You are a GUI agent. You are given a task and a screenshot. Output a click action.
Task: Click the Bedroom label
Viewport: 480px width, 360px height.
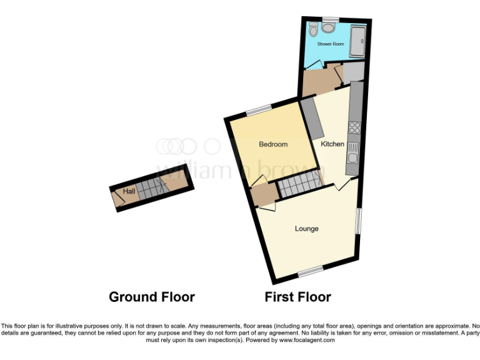pos(273,144)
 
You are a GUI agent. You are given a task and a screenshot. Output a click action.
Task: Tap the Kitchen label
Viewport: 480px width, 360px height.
pos(332,144)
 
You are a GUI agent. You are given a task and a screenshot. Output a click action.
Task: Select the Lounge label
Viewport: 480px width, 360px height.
pos(307,229)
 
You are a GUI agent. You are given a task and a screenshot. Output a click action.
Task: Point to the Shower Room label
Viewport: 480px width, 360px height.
pos(331,44)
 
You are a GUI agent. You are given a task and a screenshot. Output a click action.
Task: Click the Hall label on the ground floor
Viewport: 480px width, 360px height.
pos(129,191)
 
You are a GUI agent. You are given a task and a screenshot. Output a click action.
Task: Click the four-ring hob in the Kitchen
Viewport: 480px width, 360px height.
pos(355,128)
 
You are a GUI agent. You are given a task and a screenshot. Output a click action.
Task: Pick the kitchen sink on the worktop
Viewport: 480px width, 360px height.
pos(353,153)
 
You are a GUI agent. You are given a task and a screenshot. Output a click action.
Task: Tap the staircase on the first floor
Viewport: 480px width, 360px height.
pos(299,185)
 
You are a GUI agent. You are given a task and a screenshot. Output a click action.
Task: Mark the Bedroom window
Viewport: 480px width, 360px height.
pos(257,110)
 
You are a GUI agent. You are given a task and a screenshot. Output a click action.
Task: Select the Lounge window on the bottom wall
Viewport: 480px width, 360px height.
pos(310,271)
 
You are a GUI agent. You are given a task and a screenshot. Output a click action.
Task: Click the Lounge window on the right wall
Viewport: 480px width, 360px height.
pos(358,220)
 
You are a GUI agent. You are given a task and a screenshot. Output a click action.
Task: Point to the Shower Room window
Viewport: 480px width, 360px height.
pos(330,18)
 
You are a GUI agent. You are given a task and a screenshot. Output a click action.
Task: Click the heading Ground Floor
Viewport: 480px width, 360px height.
pos(152,297)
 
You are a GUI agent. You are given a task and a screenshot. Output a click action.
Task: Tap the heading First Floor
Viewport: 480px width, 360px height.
pos(297,297)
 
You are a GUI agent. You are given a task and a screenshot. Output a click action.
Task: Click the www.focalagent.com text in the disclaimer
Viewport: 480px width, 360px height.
pos(307,341)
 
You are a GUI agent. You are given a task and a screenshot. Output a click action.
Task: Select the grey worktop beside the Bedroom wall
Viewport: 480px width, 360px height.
pos(311,118)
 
